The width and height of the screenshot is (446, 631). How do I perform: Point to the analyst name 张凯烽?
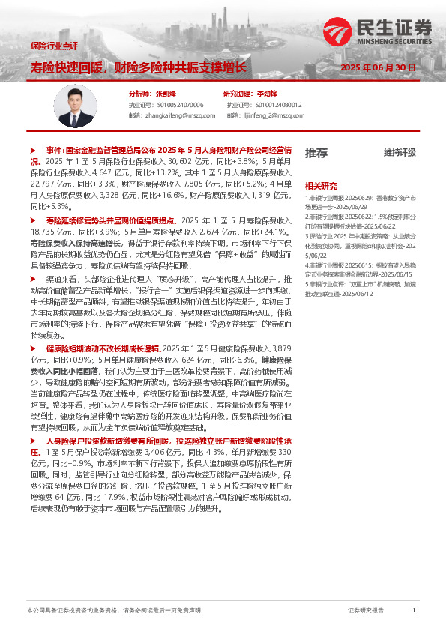(166, 94)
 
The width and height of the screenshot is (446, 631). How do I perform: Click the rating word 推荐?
(316, 153)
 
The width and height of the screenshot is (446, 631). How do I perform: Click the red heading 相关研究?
(320, 185)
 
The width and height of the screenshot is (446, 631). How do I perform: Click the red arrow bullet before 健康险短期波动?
(33, 349)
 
